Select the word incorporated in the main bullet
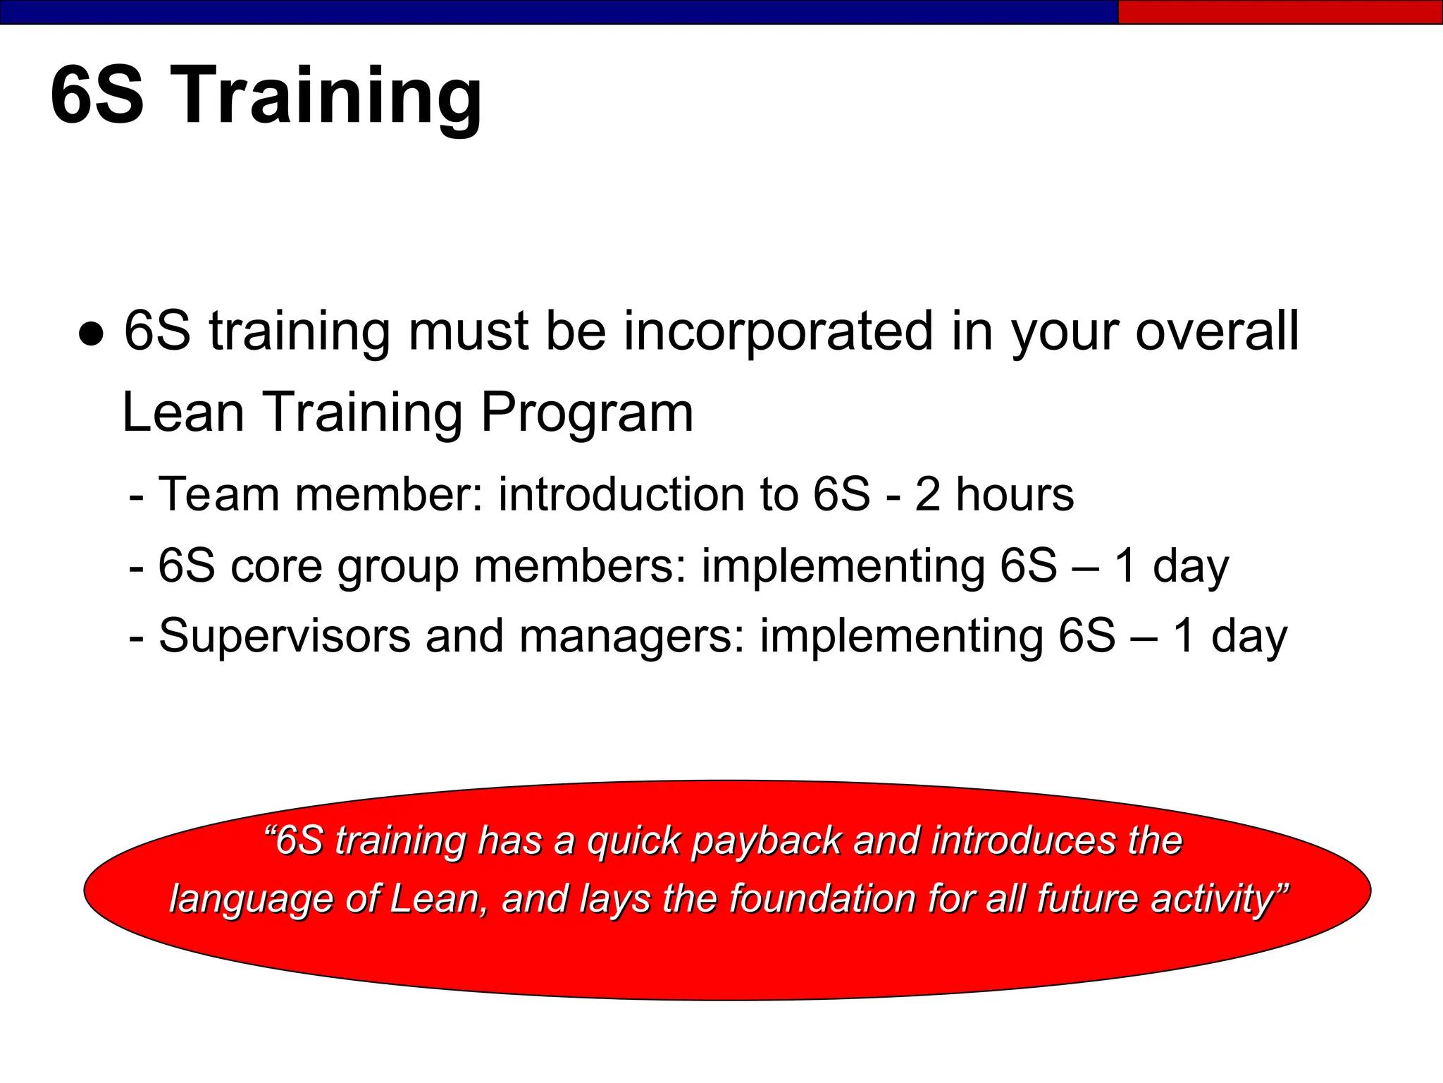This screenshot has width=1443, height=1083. [x=779, y=331]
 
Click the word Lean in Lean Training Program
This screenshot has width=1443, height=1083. [x=183, y=412]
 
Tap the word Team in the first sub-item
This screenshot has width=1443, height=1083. [x=219, y=494]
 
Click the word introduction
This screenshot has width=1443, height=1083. [x=621, y=494]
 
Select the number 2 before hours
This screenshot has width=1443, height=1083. [x=928, y=494]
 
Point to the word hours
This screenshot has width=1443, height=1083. [x=1015, y=494]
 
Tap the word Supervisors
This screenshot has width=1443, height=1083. [x=284, y=637]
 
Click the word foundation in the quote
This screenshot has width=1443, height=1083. [x=823, y=899]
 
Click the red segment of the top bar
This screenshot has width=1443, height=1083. [x=1280, y=12]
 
